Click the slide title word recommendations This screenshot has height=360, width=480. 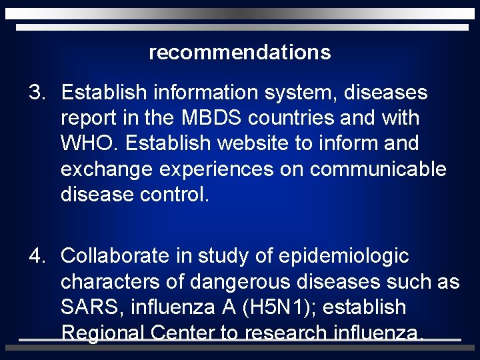(x=240, y=52)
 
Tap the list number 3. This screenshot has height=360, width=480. (x=35, y=93)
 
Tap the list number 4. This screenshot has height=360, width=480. (x=35, y=256)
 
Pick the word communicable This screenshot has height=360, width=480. (x=378, y=169)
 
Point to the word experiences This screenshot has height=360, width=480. (x=217, y=169)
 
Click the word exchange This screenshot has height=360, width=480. (x=107, y=169)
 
